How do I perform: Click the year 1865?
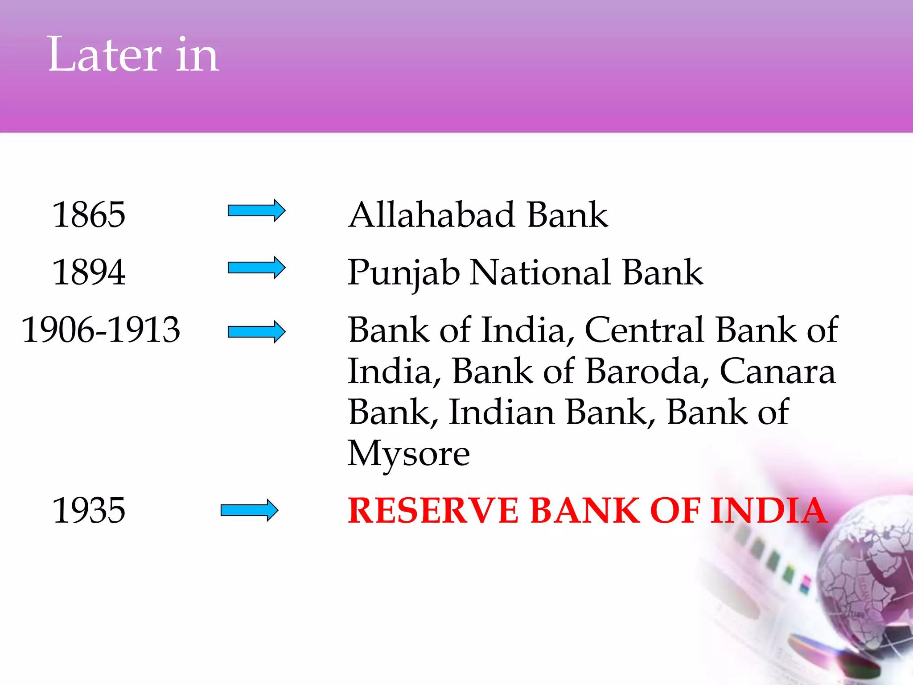point(89,215)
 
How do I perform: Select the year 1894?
point(89,272)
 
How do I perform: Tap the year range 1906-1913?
point(101,330)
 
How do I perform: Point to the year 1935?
point(89,510)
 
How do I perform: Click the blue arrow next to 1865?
point(256,210)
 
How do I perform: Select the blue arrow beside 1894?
point(256,268)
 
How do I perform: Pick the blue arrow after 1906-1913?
point(256,332)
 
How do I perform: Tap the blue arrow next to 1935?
point(249,510)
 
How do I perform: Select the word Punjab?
point(403,273)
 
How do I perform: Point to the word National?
point(540,272)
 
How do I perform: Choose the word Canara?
point(777,371)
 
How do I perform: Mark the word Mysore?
point(408,454)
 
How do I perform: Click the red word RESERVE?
point(433,510)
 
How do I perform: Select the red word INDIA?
point(769,510)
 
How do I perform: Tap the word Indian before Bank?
point(502,412)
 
